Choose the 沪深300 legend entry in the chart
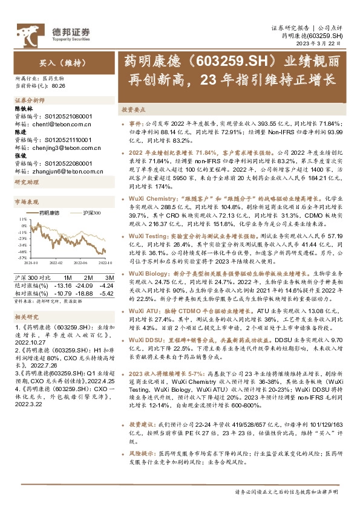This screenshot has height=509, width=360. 91,213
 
